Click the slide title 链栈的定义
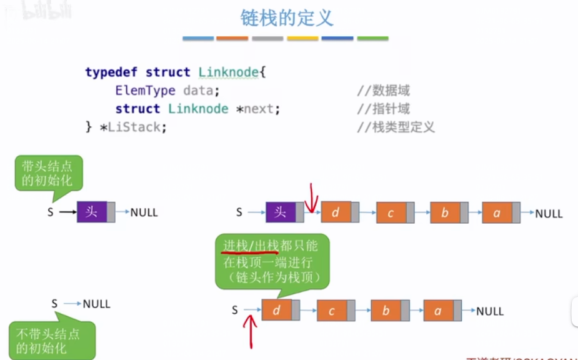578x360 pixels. point(287,17)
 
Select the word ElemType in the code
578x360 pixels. point(145,91)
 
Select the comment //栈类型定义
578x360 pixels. point(395,127)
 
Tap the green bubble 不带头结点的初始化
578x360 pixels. point(51,339)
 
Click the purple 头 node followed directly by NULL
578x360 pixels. point(92,212)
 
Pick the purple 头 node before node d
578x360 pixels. point(281,212)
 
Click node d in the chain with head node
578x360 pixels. point(336,212)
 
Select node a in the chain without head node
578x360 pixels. point(438,311)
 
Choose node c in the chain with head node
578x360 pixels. point(391,213)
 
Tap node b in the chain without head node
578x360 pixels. point(385,311)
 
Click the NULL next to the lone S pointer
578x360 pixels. point(96,304)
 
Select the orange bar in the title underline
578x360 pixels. point(232,38)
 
